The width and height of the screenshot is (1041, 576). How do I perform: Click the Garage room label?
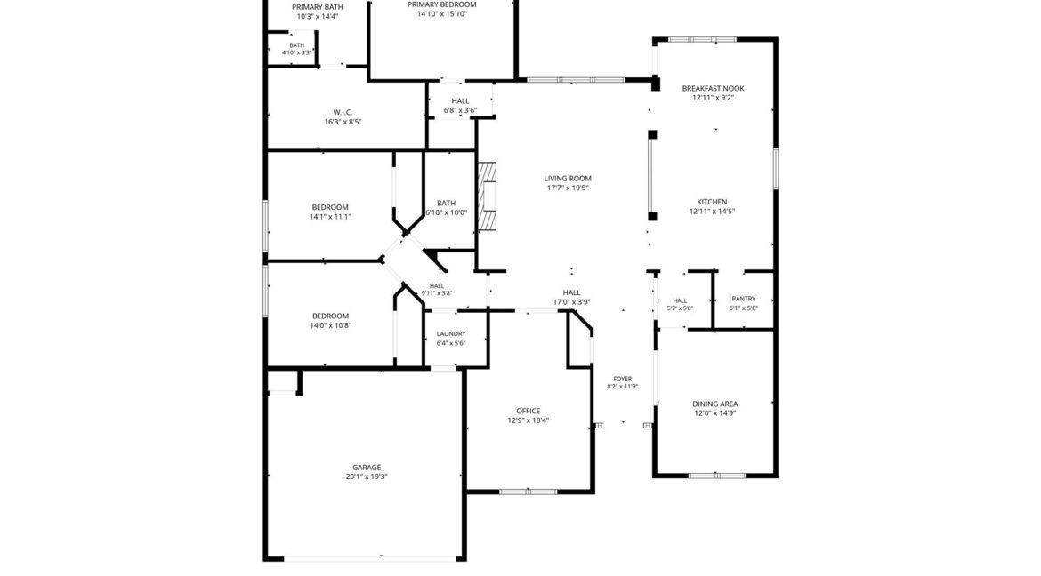point(367,468)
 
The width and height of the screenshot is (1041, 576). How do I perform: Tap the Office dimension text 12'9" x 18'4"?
point(529,420)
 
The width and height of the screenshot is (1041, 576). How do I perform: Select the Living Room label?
point(568,179)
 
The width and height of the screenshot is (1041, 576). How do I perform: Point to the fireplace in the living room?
point(488,196)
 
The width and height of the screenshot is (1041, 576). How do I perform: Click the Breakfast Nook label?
point(713,88)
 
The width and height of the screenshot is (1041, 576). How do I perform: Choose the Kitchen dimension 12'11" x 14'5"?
point(713,212)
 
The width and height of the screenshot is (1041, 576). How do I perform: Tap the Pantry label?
point(744,299)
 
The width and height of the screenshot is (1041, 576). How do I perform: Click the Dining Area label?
point(715,404)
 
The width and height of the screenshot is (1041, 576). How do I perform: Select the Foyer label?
point(623,379)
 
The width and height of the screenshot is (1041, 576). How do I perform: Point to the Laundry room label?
point(451,334)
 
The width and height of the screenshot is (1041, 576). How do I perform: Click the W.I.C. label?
point(343,112)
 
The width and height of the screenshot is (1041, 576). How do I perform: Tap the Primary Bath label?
point(318,7)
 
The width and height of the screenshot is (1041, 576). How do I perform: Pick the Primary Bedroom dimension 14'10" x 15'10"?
point(442,14)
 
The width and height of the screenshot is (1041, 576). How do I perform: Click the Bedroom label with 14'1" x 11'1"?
point(330,207)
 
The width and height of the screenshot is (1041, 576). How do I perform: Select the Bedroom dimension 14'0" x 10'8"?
point(331,326)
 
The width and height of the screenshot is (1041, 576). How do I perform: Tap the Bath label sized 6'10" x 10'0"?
point(446,203)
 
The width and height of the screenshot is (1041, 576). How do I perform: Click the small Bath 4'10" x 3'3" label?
point(297,45)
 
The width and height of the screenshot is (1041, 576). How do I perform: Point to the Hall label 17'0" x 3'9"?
point(571,292)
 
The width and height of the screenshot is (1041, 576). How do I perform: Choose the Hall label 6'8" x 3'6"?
point(460,101)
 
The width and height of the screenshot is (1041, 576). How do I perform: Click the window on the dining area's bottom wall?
point(717,476)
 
